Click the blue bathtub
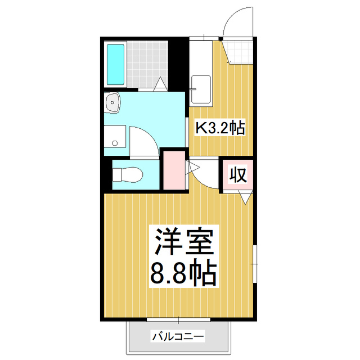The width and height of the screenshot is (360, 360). click(116, 63)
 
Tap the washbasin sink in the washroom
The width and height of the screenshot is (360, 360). click(112, 102)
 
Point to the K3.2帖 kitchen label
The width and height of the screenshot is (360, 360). click(219, 128)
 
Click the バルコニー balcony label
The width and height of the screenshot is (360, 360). click(177, 337)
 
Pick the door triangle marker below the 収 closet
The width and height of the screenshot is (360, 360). click(246, 197)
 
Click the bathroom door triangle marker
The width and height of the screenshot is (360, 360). click(160, 84)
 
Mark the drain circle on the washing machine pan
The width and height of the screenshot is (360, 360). click(115, 143)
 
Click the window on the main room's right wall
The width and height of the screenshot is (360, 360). click(255, 262)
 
